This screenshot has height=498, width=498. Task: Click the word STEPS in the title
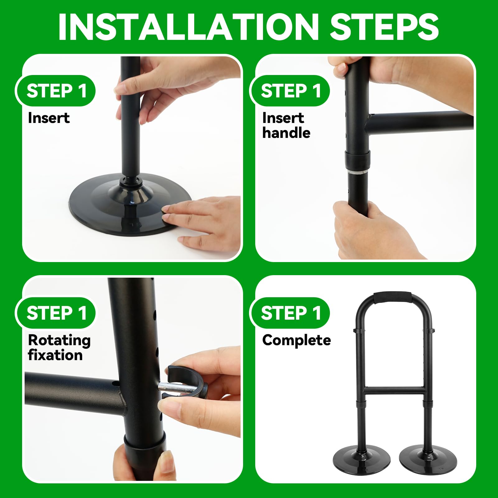(x=384, y=27)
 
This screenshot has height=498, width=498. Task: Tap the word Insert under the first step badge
(x=49, y=118)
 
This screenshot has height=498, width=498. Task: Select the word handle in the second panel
(x=286, y=133)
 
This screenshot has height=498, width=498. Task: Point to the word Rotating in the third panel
(x=59, y=341)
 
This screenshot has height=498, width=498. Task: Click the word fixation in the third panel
(x=55, y=355)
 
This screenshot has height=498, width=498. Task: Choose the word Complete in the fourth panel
(x=297, y=341)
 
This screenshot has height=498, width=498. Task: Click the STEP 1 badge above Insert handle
(x=290, y=91)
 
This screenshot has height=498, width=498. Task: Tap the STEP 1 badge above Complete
(x=290, y=313)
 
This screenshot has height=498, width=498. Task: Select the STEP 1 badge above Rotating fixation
(x=56, y=313)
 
